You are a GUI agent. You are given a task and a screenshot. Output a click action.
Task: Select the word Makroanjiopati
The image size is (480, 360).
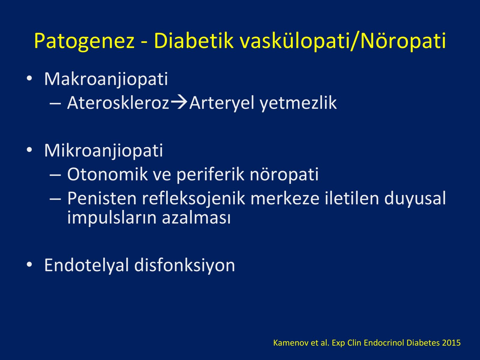click(106, 79)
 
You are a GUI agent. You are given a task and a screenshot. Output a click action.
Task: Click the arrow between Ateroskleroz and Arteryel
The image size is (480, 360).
click(179, 103)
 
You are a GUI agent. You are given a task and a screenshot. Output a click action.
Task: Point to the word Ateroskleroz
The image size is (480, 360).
click(118, 103)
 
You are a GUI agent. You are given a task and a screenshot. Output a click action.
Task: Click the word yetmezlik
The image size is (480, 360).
click(298, 103)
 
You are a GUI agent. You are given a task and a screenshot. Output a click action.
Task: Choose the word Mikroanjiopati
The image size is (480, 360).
click(104, 151)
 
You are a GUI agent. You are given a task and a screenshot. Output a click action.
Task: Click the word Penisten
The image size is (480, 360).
click(102, 198)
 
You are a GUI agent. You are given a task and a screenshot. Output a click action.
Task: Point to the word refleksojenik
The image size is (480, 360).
click(193, 199)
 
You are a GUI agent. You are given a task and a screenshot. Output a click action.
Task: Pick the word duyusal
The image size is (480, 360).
click(415, 199)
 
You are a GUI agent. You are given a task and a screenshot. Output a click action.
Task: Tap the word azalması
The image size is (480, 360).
click(196, 218)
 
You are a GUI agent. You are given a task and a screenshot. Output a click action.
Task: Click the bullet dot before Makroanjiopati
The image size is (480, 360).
click(29, 79)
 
